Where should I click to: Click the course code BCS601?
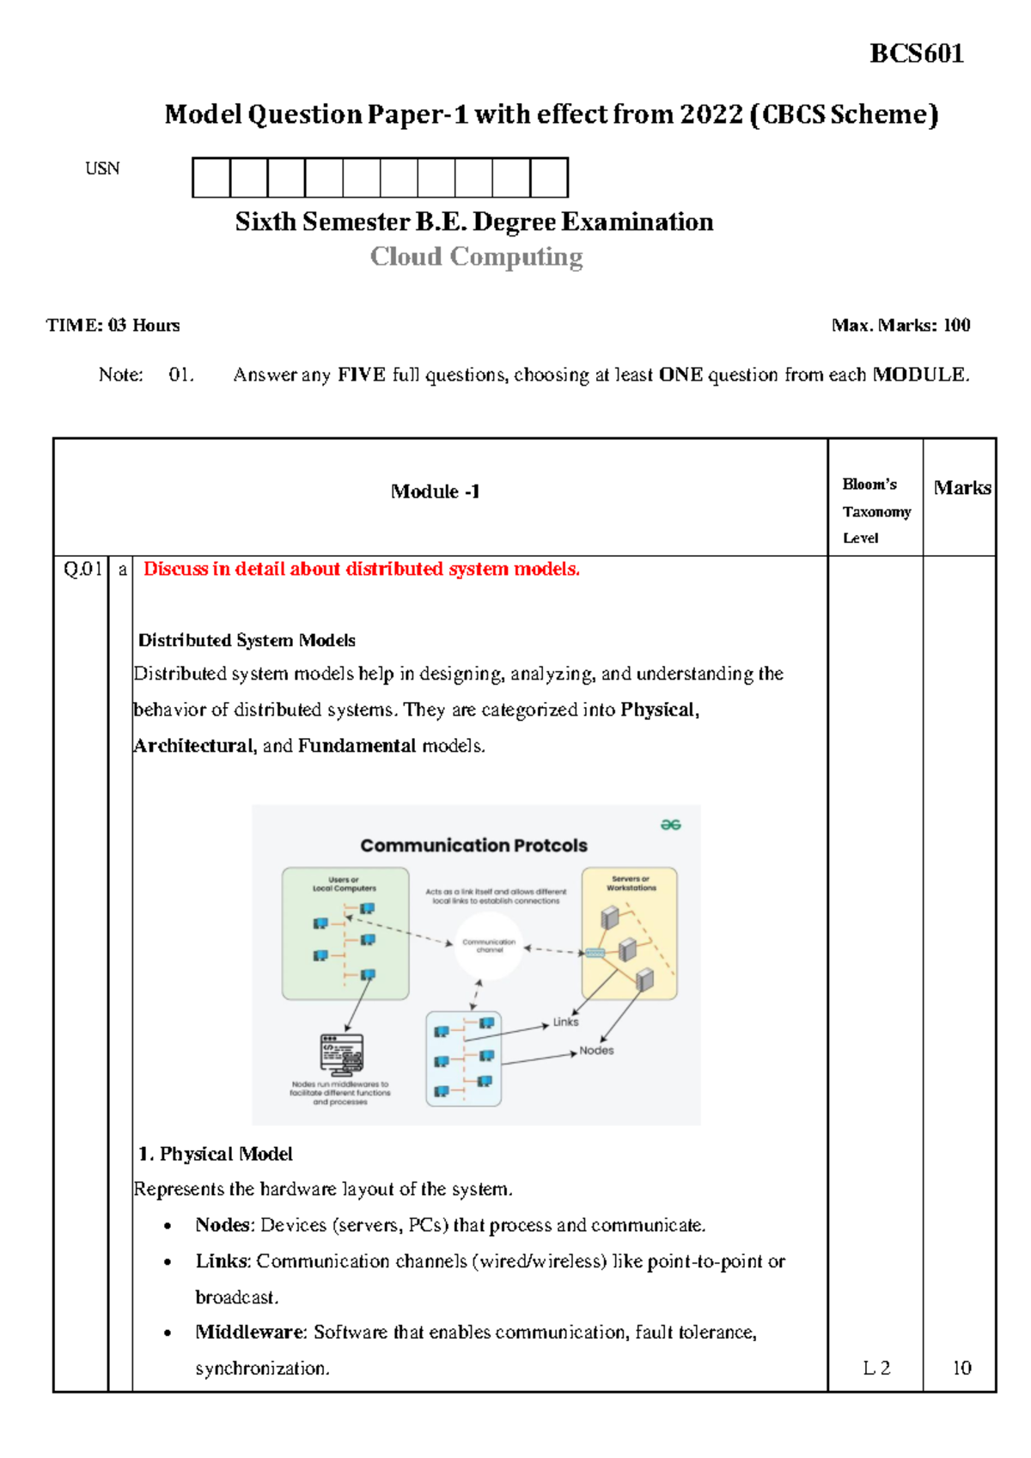pos(916,53)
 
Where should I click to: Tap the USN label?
pos(102,168)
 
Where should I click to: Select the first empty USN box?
pos(211,178)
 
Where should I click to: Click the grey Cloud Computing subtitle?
pos(476,257)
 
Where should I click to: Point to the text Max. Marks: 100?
pos(900,326)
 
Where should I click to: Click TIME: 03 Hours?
pos(113,326)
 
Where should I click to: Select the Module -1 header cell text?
pos(435,491)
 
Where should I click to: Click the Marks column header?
pos(961,488)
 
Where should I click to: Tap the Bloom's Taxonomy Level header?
pos(875,511)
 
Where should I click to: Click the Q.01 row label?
pos(82,569)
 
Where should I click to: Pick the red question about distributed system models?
pos(361,569)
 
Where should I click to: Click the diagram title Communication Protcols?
pos(473,845)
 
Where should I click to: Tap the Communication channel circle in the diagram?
pos(489,946)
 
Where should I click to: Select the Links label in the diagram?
pos(565,1022)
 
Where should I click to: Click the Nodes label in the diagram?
pos(596,1051)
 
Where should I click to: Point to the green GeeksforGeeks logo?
pos(670,825)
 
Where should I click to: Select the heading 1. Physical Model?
pos(215,1154)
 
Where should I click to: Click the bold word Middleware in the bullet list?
pos(250,1332)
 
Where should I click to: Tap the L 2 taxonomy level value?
pos(875,1368)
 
